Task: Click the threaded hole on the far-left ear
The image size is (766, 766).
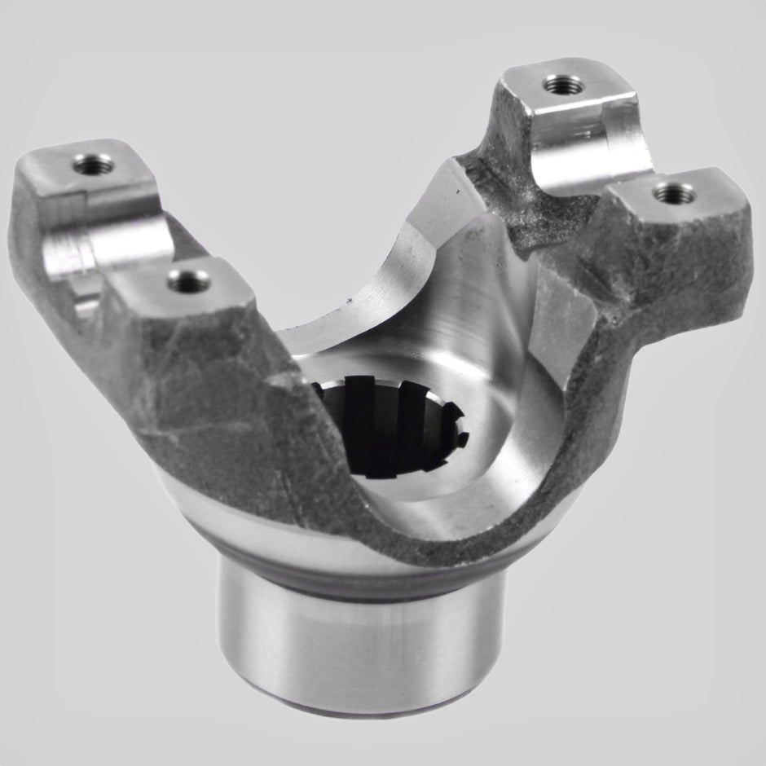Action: click(x=93, y=164)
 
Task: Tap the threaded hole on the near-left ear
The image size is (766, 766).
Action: click(x=188, y=281)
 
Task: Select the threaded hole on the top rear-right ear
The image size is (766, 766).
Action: click(x=563, y=85)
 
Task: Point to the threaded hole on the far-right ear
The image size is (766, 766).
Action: click(x=675, y=193)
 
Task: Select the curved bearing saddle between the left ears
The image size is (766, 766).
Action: click(x=106, y=244)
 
